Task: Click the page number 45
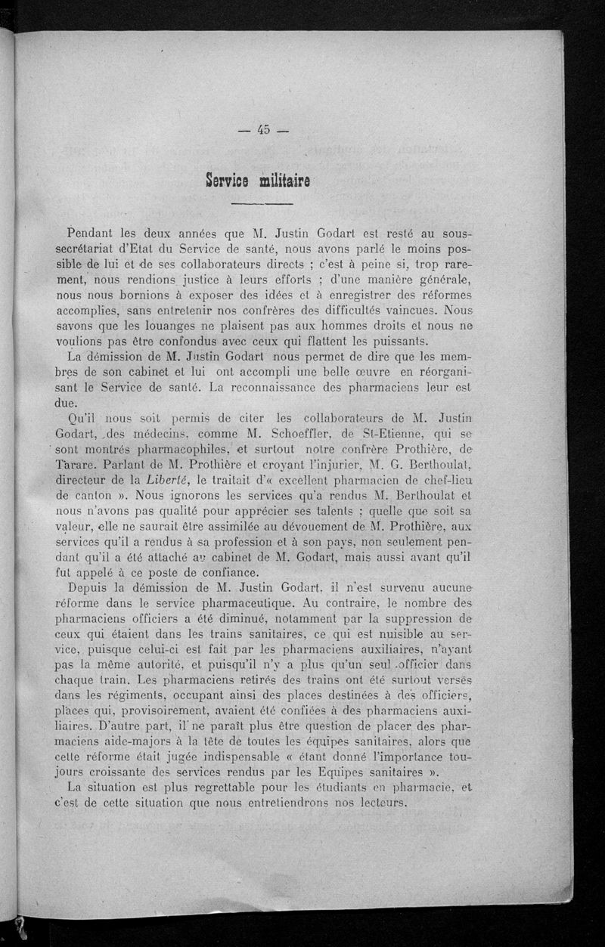(263, 129)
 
